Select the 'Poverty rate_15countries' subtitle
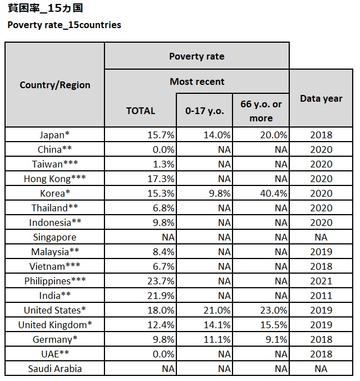64,25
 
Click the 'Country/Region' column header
54,85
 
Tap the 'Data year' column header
321,98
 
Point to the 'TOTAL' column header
140,111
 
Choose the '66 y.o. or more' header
261,111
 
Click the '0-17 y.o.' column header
204,111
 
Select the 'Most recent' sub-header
197,81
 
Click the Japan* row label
54,135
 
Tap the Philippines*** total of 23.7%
161,281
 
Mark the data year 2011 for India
321,296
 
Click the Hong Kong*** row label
54,179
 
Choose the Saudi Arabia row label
54,369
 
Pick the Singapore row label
54,237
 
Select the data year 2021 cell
321,281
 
